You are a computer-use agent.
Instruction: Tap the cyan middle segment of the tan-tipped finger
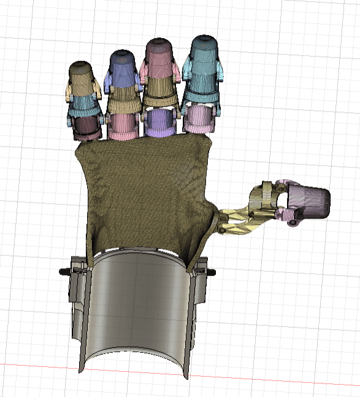[x=84, y=104]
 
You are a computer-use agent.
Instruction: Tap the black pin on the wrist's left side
[x=63, y=271]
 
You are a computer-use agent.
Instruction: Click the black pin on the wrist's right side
[x=212, y=271]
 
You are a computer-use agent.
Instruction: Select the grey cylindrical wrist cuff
[x=137, y=307]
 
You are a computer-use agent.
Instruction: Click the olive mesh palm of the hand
[x=144, y=190]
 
